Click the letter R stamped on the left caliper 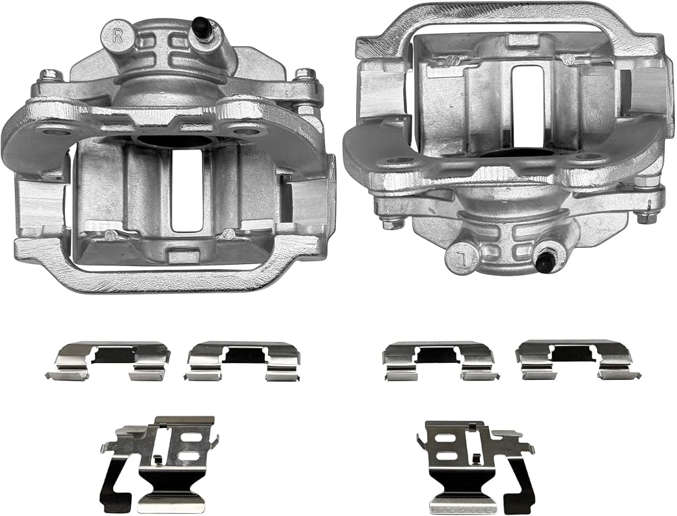click(x=117, y=35)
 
